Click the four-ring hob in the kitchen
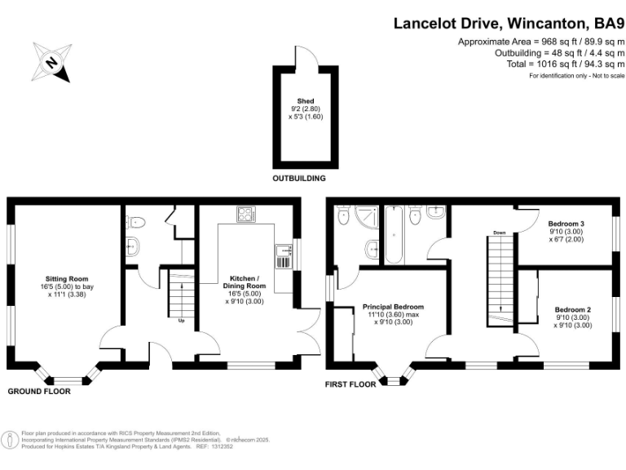point(245,215)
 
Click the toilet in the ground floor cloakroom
point(138,219)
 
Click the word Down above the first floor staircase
point(499,233)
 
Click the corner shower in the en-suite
point(343,215)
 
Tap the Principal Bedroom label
point(393,313)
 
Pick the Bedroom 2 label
point(573,316)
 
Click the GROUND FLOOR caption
point(39,392)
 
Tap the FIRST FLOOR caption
point(350,384)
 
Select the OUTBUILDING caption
point(299,177)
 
